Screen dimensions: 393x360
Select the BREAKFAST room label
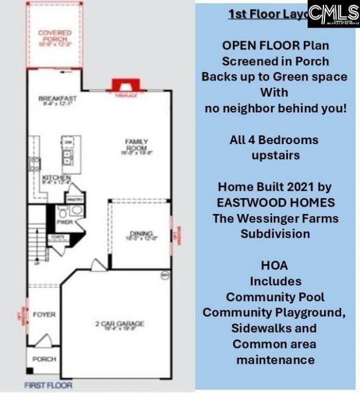57,99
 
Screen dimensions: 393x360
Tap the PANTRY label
75,199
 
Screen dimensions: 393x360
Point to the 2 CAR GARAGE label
119,324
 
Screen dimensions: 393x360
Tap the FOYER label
44,314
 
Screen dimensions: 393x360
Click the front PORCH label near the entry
44,358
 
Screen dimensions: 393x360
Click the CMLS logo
333,14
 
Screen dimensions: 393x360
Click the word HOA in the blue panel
276,265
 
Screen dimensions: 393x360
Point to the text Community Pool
276,296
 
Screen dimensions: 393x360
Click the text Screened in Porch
276,61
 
